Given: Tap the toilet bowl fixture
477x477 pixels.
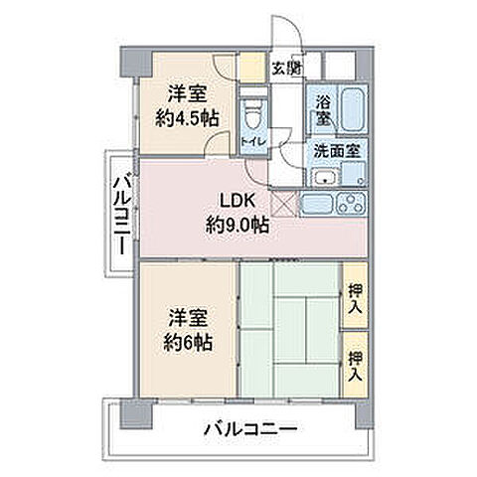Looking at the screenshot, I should [254, 111].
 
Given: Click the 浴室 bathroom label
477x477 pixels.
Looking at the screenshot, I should [324, 109].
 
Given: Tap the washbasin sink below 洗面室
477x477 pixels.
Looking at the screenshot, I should [323, 179].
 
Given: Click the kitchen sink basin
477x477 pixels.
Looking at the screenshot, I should [316, 205].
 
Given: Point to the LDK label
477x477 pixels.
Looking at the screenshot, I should [237, 199].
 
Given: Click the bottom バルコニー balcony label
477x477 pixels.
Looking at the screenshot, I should [252, 431].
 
